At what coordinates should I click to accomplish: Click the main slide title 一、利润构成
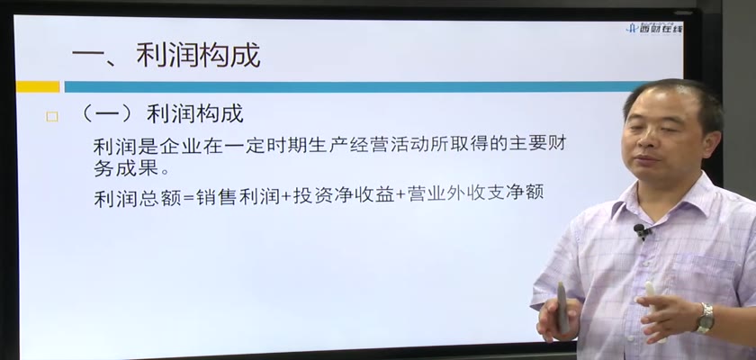point(166,55)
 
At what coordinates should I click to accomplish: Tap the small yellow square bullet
point(52,117)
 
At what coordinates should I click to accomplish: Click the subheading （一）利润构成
point(161,114)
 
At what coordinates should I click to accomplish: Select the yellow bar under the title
point(38,86)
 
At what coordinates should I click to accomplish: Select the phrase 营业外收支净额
point(475,193)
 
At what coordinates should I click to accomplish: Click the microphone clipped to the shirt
point(641,230)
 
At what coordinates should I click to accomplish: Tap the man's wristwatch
point(705,318)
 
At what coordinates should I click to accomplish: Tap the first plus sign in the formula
point(287,196)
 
